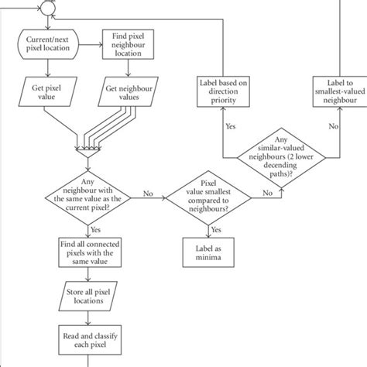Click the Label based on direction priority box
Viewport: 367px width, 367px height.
coord(223,90)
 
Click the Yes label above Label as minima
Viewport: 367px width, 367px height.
coord(216,229)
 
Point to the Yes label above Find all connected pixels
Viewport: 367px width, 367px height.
coord(94,230)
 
